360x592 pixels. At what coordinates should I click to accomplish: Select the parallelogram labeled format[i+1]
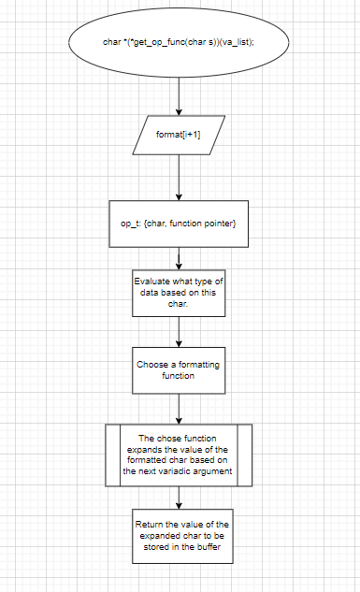[179, 137]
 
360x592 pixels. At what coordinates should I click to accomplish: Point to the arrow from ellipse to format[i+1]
[179, 95]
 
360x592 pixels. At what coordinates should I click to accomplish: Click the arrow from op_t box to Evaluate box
[179, 257]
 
